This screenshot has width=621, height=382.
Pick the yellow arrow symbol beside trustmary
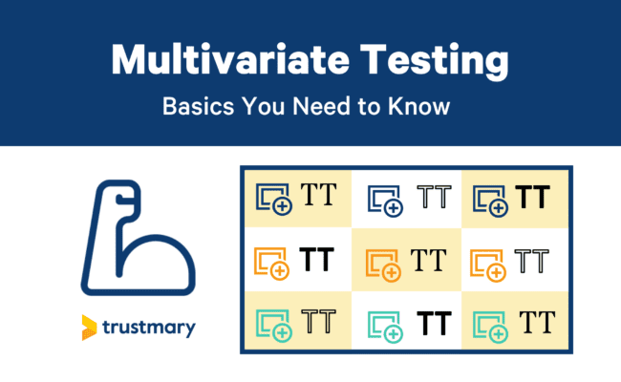(90, 326)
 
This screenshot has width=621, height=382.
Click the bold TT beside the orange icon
(316, 260)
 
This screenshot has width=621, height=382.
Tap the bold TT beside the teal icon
(434, 323)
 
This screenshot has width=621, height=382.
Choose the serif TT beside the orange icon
(427, 260)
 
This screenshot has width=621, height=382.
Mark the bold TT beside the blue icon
(533, 198)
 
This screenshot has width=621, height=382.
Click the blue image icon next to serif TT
(275, 198)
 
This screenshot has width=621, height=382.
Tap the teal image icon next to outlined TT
(275, 324)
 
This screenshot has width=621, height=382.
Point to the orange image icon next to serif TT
(385, 262)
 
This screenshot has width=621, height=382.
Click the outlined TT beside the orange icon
(533, 260)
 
